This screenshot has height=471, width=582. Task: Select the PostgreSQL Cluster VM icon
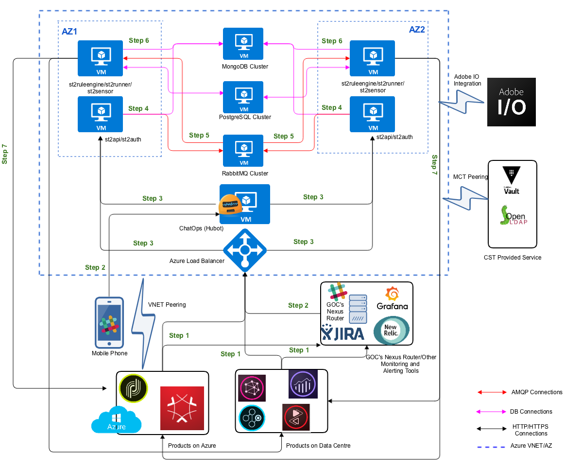243,97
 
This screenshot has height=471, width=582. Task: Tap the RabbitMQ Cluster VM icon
243,150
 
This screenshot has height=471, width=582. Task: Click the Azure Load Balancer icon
245,250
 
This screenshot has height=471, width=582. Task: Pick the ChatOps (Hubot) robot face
230,205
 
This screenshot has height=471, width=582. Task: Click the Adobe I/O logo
512,102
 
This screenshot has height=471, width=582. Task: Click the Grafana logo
393,298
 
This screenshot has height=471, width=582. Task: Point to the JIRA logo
343,333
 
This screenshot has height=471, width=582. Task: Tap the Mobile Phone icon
109,321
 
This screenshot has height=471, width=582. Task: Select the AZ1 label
69,31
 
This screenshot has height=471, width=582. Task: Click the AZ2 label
417,30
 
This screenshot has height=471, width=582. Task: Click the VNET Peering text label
167,305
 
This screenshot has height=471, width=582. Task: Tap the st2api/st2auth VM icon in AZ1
101,114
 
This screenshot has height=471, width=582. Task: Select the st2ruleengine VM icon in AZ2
373,58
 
